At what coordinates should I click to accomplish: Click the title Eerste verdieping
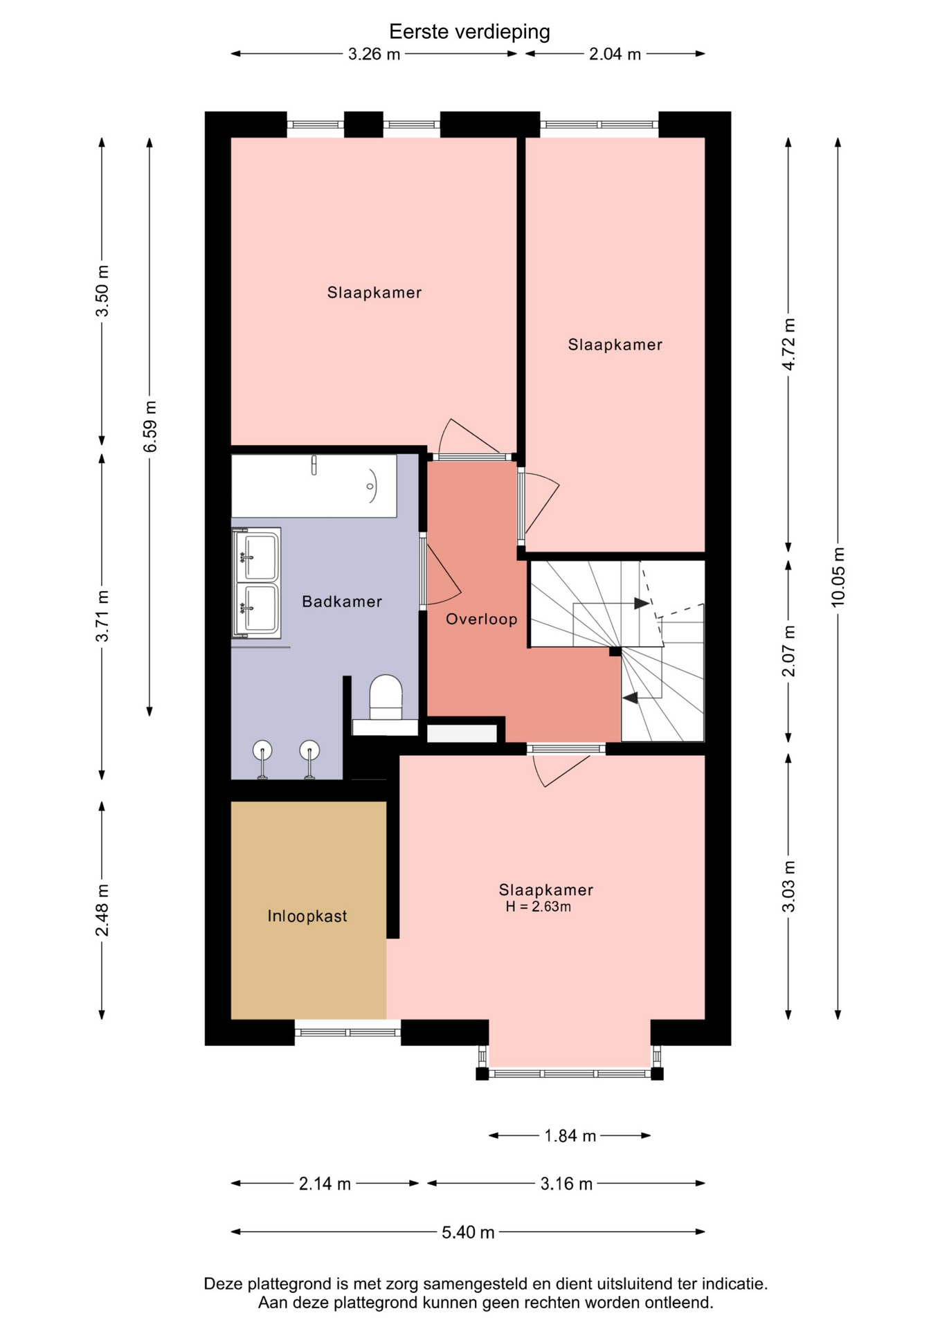point(469,32)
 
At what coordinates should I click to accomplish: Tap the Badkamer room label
point(342,602)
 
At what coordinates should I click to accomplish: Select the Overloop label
point(482,620)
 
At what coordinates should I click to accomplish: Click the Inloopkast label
point(307,916)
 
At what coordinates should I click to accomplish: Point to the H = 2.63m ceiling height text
point(539,907)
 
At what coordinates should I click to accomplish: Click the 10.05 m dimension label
point(838,577)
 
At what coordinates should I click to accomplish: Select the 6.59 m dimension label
point(150,426)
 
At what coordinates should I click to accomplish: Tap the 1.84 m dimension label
point(570,1136)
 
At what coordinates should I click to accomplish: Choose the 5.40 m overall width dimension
point(468,1232)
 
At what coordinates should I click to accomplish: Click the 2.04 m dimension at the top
point(615,54)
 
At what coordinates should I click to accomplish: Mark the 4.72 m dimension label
point(788,344)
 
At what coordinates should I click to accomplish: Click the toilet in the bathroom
point(386,698)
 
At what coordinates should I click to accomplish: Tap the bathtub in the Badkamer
point(314,486)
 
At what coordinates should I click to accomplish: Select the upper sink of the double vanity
point(257,556)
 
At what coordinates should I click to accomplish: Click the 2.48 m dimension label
point(102,910)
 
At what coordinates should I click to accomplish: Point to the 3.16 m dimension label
point(566,1184)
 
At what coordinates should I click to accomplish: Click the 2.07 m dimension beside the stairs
point(788,651)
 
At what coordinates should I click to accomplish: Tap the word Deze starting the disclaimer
point(223,1284)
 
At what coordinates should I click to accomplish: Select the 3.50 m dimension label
point(102,291)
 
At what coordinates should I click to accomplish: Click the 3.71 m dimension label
point(102,616)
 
